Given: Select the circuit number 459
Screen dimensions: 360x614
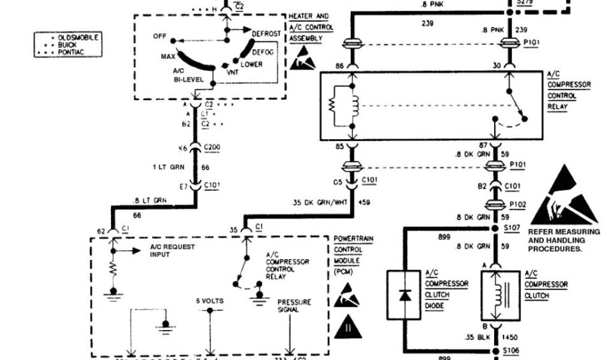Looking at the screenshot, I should (365, 202).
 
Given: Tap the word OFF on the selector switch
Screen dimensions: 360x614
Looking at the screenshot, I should (159, 36).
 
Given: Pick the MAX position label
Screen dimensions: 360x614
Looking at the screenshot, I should (167, 56).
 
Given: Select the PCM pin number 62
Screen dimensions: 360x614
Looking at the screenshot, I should (101, 229).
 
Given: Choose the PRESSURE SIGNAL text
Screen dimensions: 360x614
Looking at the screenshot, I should (294, 305).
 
